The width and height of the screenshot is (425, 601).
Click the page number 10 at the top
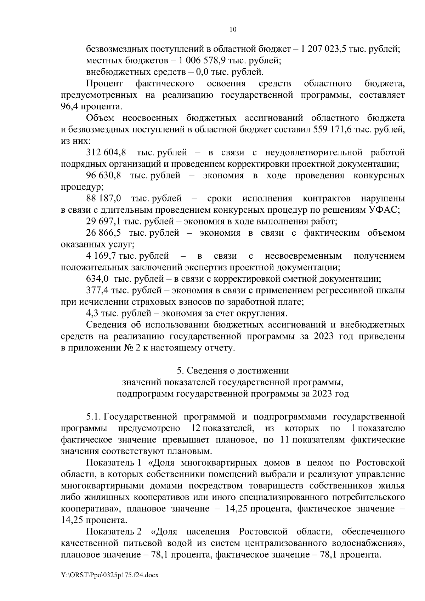click(x=233, y=29)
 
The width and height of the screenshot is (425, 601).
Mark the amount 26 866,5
click(x=103, y=233)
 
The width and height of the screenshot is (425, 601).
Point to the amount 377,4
click(x=97, y=291)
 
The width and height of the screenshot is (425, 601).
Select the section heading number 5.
click(x=180, y=371)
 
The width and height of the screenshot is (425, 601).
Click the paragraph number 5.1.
click(x=94, y=417)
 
